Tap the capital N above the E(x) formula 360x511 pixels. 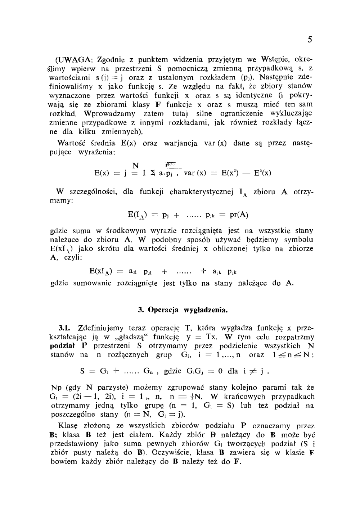tap(136, 166)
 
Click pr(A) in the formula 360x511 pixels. tap(239, 215)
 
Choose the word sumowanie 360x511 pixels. tap(93, 283)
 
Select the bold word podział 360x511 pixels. tap(63, 346)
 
